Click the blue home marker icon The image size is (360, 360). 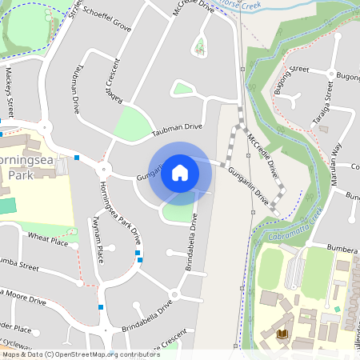pyautogui.click(x=180, y=173)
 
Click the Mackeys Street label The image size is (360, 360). pyautogui.click(x=10, y=92)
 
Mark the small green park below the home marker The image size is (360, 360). pyautogui.click(x=178, y=212)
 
